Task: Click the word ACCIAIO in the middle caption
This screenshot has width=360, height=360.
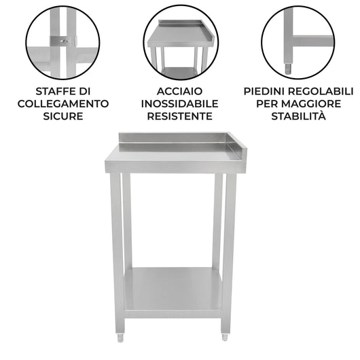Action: pyautogui.click(x=179, y=90)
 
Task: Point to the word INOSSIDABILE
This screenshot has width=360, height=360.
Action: pyautogui.click(x=179, y=103)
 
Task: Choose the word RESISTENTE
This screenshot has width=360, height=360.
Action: pyautogui.click(x=179, y=116)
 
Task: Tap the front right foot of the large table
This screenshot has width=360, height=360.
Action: pyautogui.click(x=225, y=336)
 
